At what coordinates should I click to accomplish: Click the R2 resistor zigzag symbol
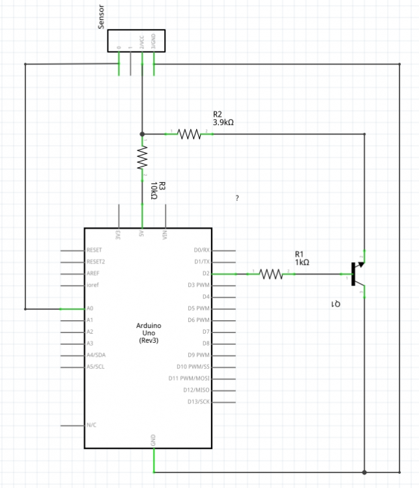(x=189, y=133)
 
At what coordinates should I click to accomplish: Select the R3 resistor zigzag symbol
(x=142, y=158)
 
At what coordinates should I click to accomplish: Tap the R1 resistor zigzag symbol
(x=271, y=274)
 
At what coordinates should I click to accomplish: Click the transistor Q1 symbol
(x=358, y=274)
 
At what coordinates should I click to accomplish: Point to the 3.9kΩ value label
(x=224, y=122)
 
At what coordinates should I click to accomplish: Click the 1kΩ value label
(x=302, y=262)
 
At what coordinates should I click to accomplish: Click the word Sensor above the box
(x=101, y=20)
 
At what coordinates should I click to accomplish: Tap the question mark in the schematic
(x=237, y=198)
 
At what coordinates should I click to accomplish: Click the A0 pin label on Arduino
(x=90, y=308)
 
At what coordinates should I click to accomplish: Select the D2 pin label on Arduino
(x=206, y=273)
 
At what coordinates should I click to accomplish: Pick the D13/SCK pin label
(x=198, y=401)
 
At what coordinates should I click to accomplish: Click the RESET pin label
(x=94, y=250)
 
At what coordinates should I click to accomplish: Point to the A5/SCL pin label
(x=95, y=367)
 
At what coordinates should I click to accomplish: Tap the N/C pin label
(x=91, y=425)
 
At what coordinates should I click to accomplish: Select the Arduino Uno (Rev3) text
(x=148, y=332)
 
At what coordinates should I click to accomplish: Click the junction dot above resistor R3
(x=142, y=133)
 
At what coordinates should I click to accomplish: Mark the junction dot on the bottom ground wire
(x=365, y=472)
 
